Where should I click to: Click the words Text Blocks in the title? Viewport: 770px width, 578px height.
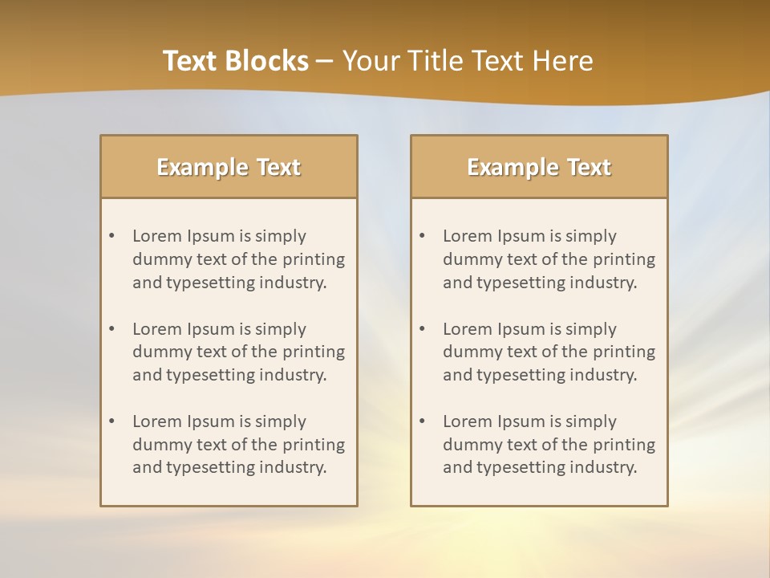tap(235, 61)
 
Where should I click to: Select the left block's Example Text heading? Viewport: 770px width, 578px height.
tap(229, 167)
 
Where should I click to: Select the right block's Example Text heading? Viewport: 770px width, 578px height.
tap(539, 167)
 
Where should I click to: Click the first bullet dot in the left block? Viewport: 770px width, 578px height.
tap(111, 236)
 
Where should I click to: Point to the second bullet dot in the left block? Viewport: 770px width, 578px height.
tap(111, 329)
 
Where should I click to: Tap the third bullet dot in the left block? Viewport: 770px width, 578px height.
tap(111, 421)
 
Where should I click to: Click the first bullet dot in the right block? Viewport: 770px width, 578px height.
tap(422, 236)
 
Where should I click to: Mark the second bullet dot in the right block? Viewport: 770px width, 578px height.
tap(422, 329)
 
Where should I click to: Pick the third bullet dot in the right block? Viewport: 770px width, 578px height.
tap(422, 421)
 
